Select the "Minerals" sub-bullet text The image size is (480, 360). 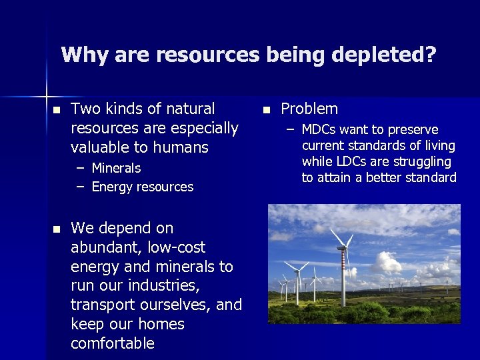click(116, 168)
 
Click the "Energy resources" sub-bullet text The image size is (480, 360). click(142, 187)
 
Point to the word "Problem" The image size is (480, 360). click(309, 109)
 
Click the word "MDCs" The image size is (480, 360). click(318, 129)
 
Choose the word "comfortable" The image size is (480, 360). click(113, 344)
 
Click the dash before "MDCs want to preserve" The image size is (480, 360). click(290, 130)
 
